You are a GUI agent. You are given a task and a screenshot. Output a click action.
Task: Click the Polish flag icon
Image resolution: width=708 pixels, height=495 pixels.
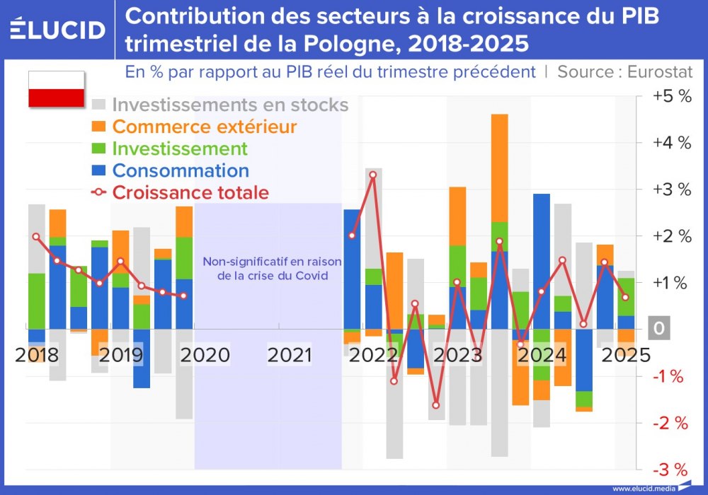pos(57,89)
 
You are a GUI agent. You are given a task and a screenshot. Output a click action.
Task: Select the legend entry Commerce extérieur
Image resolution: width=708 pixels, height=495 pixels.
pos(204,127)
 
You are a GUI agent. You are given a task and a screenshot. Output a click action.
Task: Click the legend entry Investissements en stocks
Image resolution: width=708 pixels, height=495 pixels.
pos(230,105)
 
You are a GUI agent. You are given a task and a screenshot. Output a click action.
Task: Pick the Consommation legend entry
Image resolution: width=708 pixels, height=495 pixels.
pos(181,170)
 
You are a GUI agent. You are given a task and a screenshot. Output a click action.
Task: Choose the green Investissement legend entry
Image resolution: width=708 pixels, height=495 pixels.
pos(180,148)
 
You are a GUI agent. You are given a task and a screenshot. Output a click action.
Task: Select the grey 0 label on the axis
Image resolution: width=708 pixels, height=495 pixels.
pos(659,330)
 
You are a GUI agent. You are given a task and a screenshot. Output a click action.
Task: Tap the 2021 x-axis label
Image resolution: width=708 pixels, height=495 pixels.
pos(290,354)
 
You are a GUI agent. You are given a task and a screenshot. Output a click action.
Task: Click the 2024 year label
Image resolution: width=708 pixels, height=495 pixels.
pos(542,354)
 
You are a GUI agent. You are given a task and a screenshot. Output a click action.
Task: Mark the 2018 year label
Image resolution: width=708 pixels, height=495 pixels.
pos(38,354)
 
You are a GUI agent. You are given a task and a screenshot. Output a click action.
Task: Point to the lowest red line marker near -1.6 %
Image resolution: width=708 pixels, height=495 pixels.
pos(436,405)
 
